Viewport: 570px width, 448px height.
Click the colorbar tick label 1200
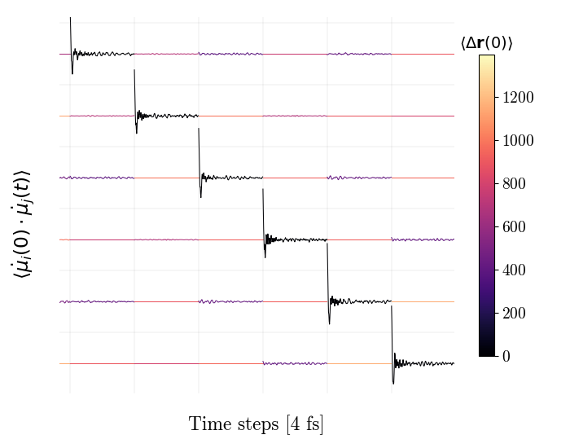519,98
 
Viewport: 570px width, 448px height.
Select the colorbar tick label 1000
519,141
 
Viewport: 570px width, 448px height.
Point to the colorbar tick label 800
515,184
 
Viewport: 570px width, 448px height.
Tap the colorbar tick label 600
515,227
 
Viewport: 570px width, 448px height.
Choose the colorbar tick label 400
515,270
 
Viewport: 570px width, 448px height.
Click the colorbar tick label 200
515,314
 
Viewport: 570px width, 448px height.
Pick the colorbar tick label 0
506,357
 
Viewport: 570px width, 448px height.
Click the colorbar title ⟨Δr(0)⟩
487,43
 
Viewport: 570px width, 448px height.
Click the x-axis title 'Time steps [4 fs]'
256,424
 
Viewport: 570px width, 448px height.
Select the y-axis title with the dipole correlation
22,224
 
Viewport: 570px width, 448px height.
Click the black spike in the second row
135,90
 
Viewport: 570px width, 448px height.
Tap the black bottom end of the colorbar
486,353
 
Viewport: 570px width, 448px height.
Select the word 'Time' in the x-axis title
207,424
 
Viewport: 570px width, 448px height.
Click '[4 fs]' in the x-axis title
305,424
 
